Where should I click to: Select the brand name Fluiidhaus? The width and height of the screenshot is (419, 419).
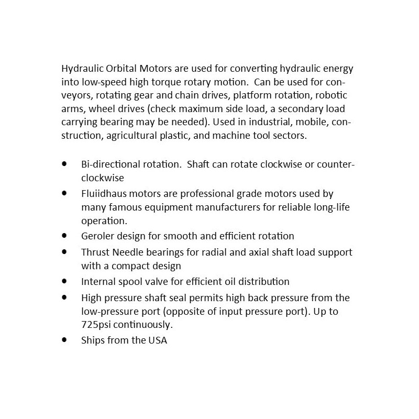point(103,194)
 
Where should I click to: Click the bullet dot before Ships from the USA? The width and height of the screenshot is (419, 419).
point(64,339)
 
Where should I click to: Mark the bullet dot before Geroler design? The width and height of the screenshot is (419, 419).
point(64,236)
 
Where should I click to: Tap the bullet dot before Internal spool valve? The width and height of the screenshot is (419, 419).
point(64,281)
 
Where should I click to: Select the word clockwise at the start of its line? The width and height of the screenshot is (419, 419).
point(102,178)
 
